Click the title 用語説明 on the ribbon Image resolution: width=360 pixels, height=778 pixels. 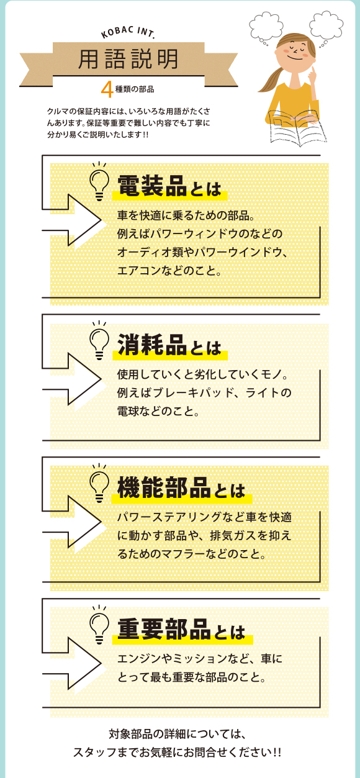(x=128, y=59)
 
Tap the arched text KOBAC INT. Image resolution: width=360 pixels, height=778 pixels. (x=127, y=32)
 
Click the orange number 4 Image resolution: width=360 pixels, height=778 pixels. (x=107, y=89)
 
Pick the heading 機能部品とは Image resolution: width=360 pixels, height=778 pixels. (x=181, y=487)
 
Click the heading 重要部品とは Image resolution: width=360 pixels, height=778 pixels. (x=181, y=630)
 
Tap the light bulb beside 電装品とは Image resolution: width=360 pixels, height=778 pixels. (x=99, y=182)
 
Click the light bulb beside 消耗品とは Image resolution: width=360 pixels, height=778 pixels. (x=99, y=341)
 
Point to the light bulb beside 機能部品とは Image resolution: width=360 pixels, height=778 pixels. (x=99, y=483)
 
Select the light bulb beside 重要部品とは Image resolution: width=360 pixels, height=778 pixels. (x=99, y=625)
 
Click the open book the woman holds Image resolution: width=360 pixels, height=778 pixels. (x=296, y=127)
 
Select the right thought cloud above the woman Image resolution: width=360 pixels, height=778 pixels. (x=326, y=27)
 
